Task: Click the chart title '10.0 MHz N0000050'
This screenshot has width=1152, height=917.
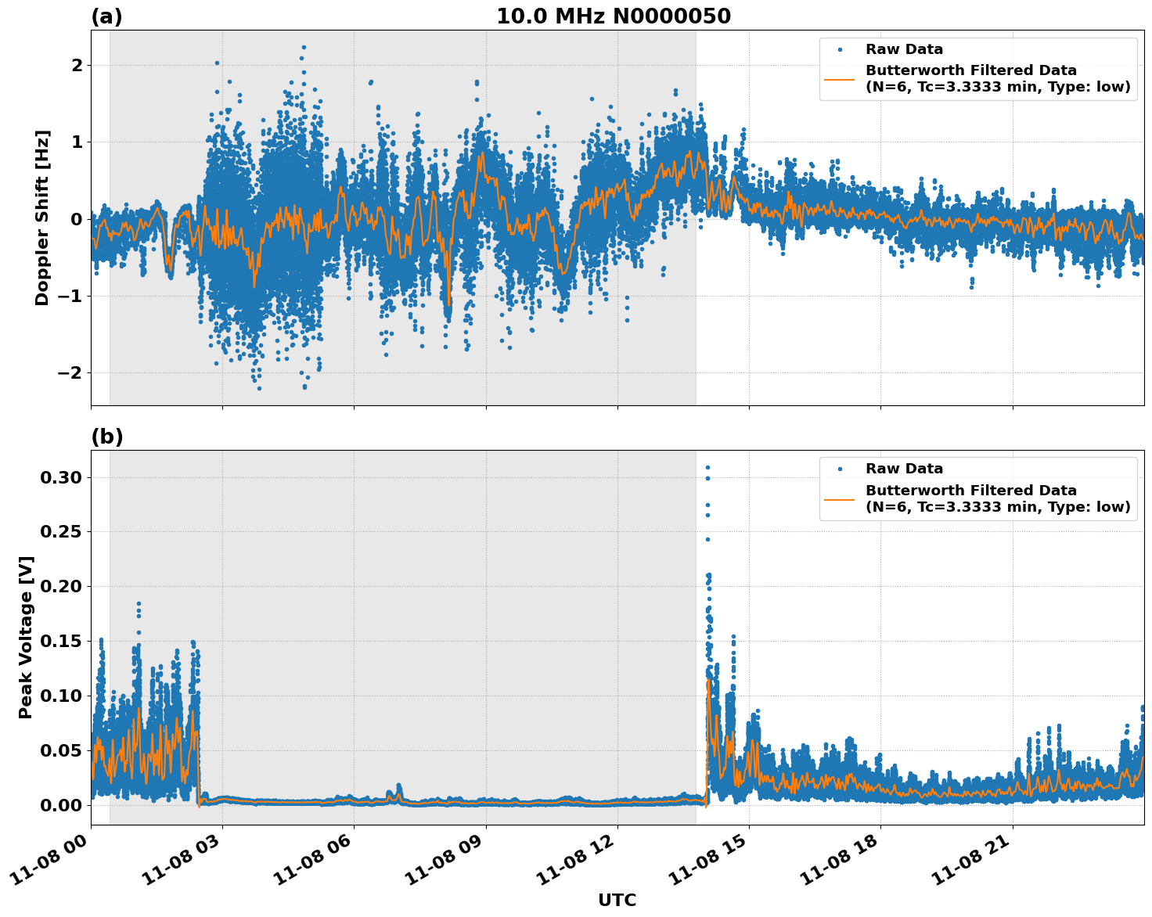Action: tap(613, 16)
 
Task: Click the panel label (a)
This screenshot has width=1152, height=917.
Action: tap(106, 16)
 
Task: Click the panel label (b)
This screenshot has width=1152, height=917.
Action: tap(106, 437)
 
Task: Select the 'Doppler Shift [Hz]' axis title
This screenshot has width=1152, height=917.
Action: tap(42, 218)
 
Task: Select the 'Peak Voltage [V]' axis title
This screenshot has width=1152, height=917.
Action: tap(26, 637)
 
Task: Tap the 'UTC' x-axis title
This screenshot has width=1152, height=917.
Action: tap(617, 900)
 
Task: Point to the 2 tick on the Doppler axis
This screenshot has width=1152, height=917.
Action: tap(77, 65)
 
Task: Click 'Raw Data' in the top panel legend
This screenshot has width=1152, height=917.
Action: tap(904, 49)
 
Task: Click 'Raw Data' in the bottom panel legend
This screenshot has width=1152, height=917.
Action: tap(904, 469)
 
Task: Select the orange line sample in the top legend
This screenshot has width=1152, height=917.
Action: tap(839, 79)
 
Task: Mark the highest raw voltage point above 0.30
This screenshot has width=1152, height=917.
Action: tap(707, 467)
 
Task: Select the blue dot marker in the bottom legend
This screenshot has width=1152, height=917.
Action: tap(839, 469)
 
